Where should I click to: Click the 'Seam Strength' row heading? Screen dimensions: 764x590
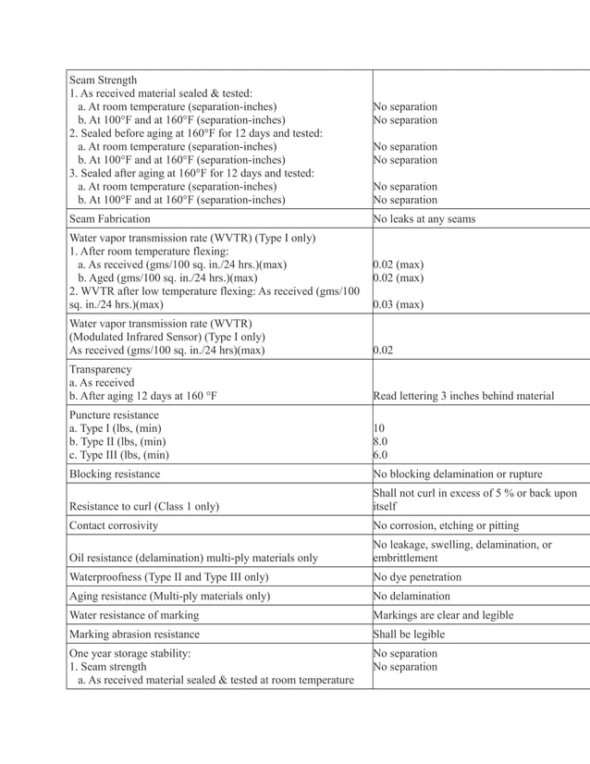point(104,80)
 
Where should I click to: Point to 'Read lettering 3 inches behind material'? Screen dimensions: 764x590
point(463,396)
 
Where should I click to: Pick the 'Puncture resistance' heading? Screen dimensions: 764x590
point(114,415)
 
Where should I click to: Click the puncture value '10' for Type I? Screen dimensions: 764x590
point(379,428)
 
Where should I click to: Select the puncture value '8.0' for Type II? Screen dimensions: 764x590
point(381,441)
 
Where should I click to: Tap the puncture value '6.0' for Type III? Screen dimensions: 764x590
point(381,454)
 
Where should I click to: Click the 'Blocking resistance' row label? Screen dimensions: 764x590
point(115,474)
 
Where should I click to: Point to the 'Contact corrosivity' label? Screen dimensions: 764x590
point(114,525)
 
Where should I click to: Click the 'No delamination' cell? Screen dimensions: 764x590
point(412,596)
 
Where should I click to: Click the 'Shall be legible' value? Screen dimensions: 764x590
point(409,635)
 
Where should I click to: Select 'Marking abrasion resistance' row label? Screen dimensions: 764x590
point(134,635)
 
